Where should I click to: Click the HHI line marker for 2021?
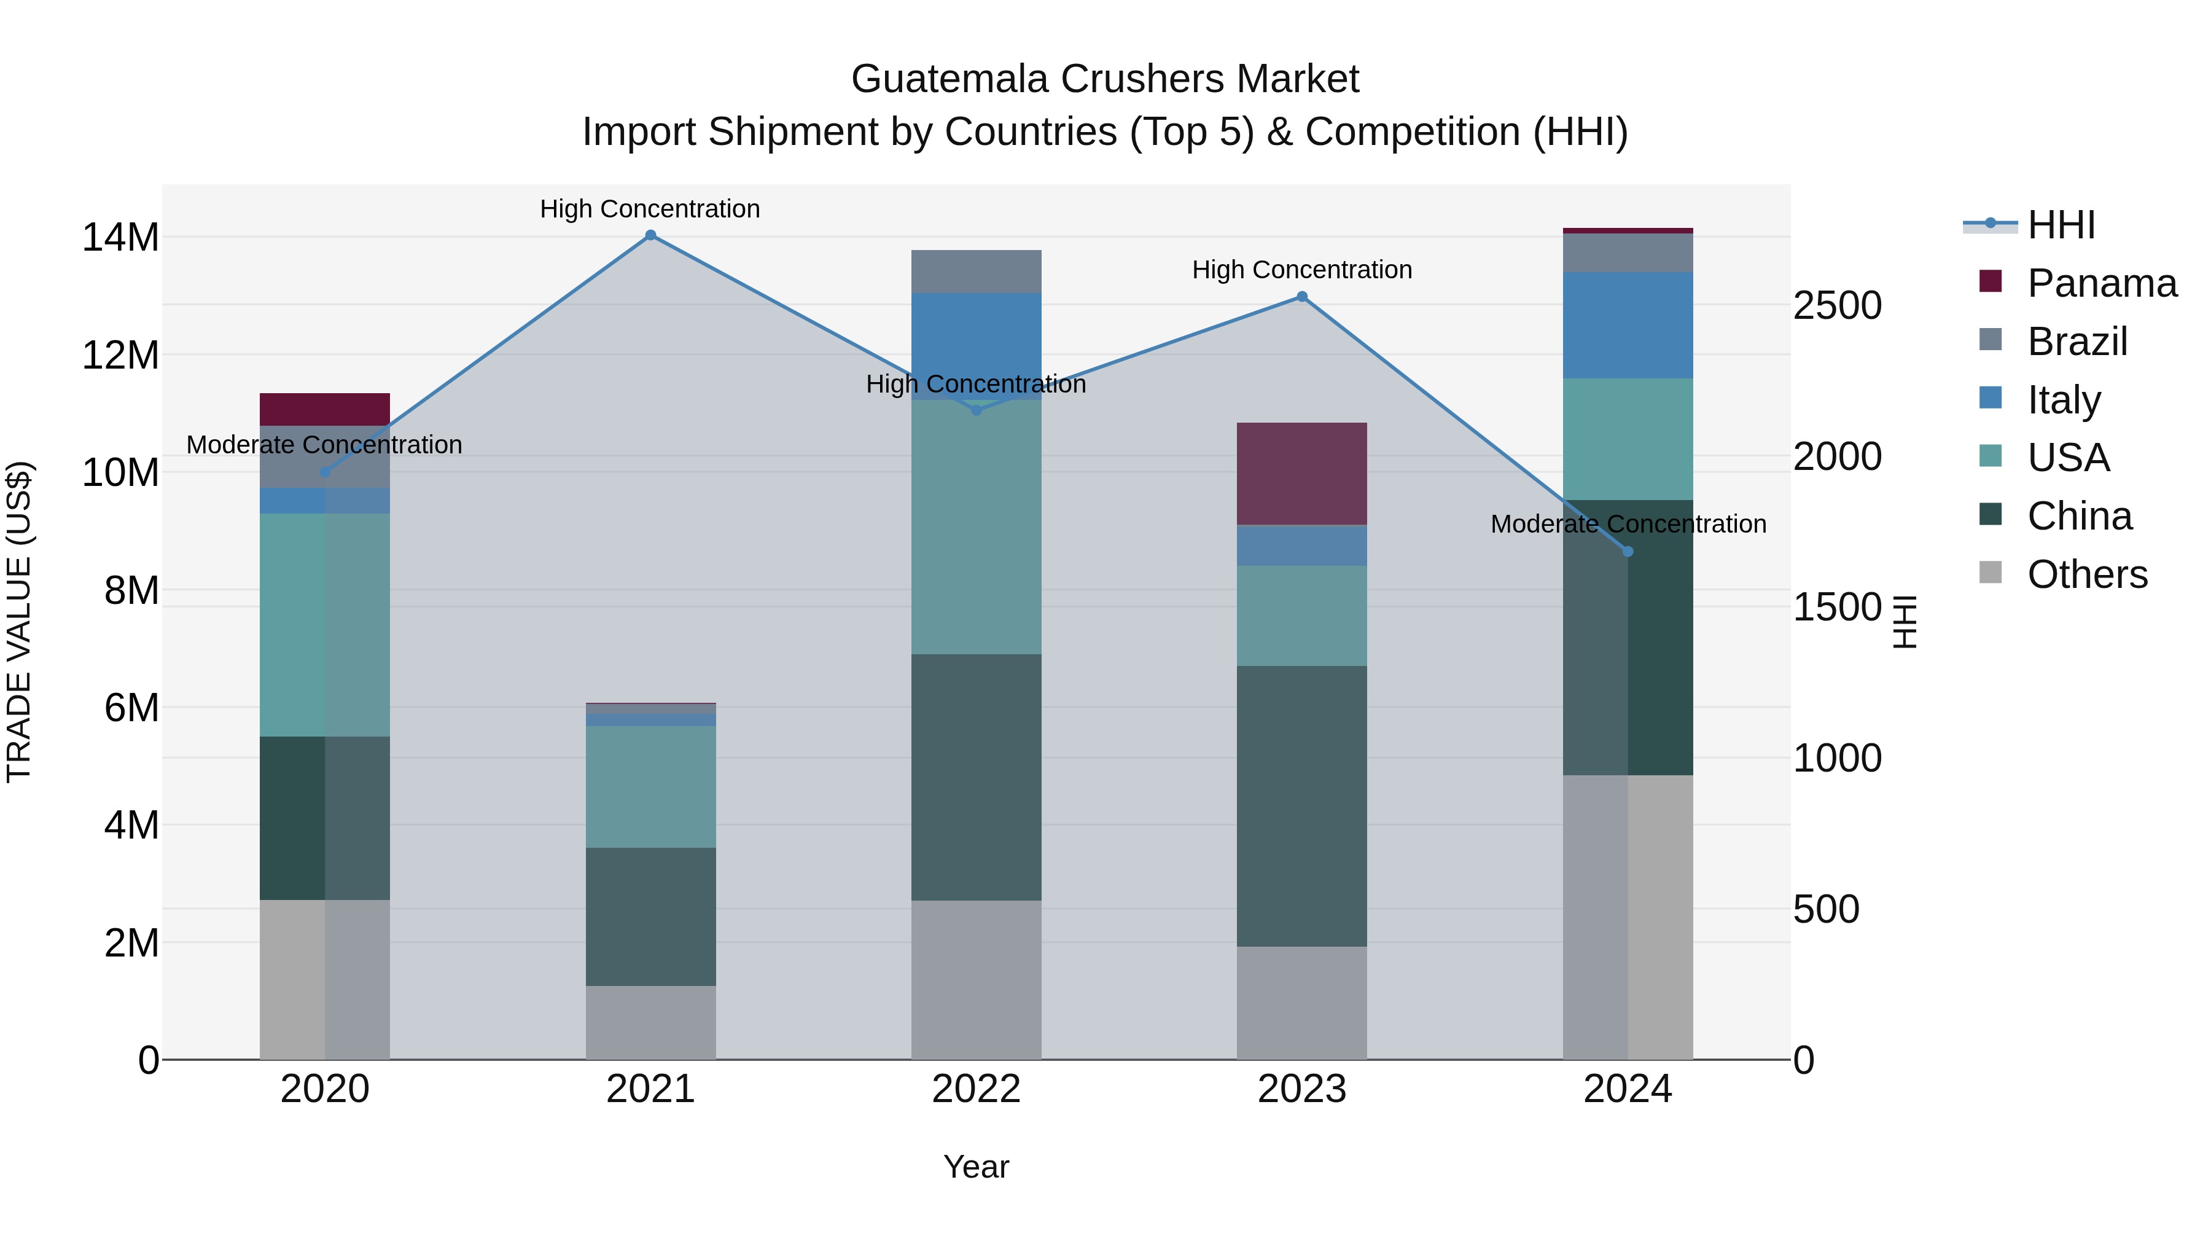pos(650,235)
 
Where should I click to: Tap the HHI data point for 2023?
pos(1302,297)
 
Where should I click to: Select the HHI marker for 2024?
pos(1628,552)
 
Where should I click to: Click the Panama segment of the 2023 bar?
pos(1302,474)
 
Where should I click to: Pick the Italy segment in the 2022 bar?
pos(976,335)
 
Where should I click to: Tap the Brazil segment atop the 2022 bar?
pos(976,272)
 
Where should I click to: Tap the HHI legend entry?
pos(2061,225)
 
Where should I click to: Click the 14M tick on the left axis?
pos(120,238)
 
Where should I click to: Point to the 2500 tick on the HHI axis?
pos(1837,307)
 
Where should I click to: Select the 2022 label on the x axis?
pos(976,1089)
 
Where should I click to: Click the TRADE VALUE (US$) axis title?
pos(19,622)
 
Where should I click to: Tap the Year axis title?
pos(976,1167)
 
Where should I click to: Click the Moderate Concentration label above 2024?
pos(1628,523)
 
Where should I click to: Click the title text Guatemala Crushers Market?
pos(1105,79)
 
